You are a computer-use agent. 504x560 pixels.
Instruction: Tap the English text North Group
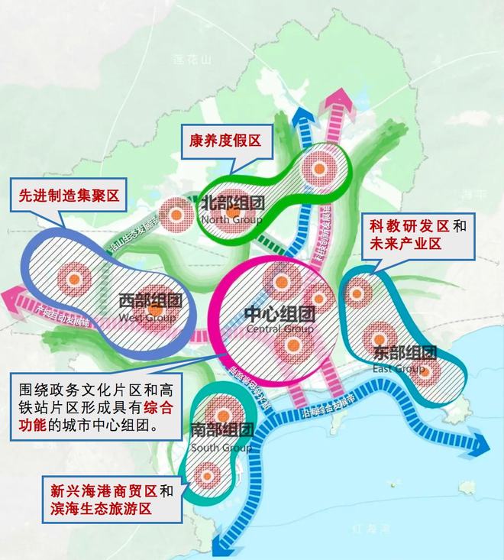point(231,220)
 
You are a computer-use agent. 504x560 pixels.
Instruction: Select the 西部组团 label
point(148,302)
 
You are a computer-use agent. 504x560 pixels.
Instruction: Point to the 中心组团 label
point(279,314)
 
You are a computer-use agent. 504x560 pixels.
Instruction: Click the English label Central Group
point(280,329)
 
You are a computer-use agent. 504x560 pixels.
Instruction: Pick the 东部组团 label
point(405,353)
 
